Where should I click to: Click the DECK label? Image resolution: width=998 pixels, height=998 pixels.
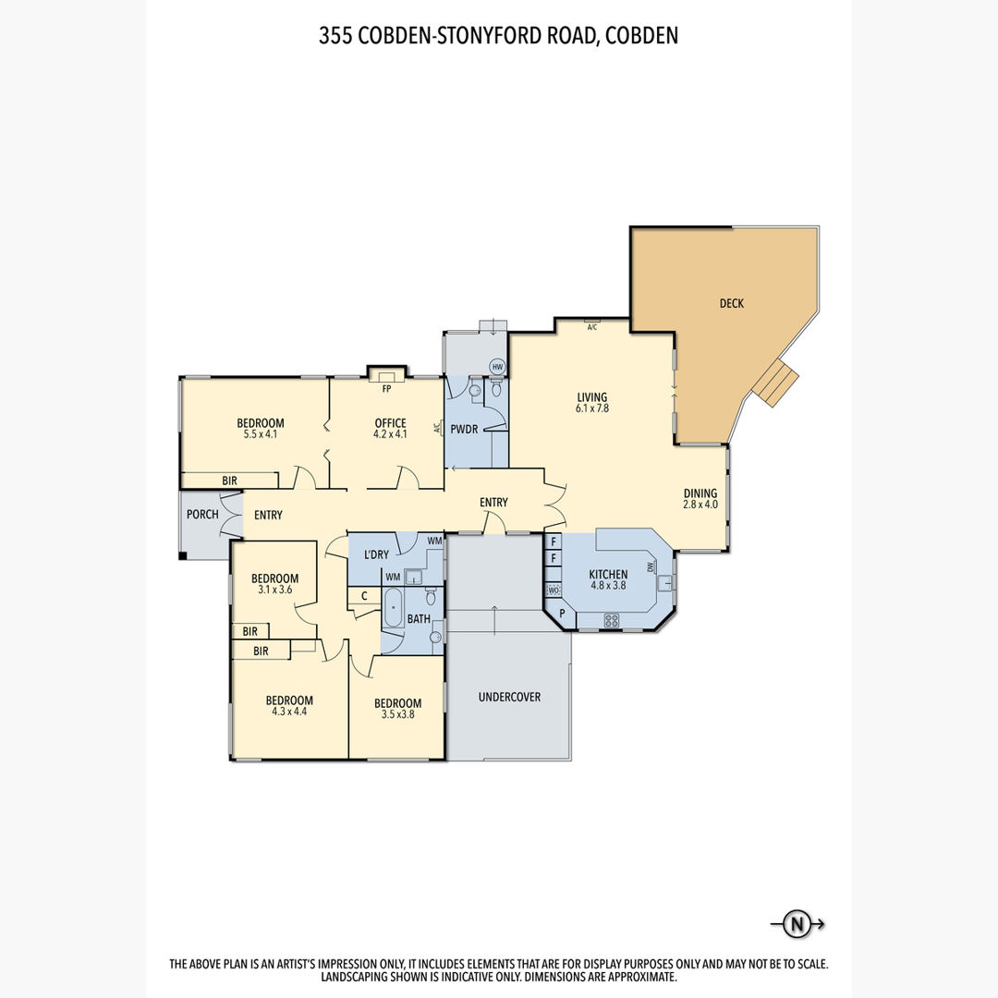731,304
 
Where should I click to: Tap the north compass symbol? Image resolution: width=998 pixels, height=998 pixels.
797,923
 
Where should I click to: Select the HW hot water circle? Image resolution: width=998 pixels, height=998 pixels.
498,367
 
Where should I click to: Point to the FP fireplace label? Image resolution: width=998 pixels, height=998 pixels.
386,389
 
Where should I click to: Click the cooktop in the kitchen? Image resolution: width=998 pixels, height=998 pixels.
611,620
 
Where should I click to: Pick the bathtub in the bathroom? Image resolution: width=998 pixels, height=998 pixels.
394,608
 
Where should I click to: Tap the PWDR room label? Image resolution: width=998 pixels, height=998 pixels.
464,430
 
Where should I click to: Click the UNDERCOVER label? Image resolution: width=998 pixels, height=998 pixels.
510,697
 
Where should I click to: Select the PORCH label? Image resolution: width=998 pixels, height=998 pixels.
202,515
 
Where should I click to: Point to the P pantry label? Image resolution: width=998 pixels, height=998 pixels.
562,614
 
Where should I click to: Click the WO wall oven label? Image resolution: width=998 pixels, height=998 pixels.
554,590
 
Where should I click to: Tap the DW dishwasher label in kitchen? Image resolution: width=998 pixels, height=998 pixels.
651,566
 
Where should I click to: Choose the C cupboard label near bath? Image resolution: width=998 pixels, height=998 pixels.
364,596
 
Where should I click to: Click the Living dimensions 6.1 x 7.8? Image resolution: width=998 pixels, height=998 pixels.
592,408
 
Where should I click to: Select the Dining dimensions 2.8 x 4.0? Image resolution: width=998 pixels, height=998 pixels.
700,505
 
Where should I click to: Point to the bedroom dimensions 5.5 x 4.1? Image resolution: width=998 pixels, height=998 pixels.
261,434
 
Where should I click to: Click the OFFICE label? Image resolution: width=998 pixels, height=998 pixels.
390,423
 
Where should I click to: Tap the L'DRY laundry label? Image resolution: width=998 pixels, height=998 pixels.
376,554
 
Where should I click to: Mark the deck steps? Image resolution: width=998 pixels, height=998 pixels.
774,382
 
